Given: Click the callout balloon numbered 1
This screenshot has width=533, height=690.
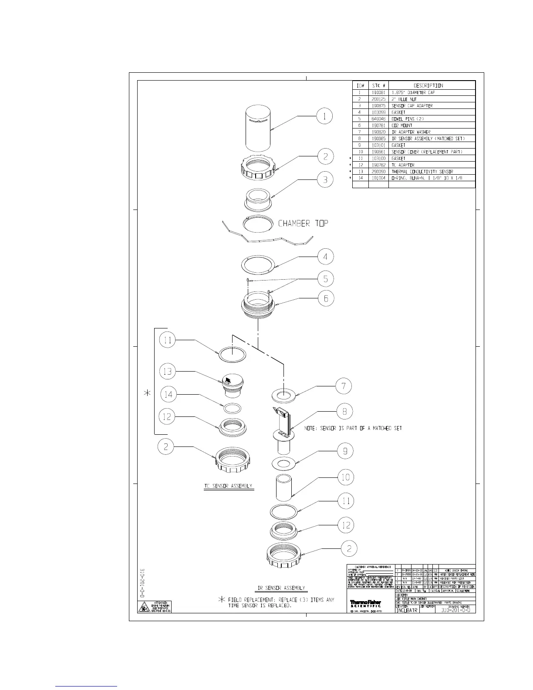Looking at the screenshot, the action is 324,116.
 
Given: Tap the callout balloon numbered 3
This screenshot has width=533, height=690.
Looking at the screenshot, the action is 325,179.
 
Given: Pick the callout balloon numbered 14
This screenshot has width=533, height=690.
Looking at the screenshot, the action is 169,395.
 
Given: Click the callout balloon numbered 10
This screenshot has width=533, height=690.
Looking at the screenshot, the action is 346,477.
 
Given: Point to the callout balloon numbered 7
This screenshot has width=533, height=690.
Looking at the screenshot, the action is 344,386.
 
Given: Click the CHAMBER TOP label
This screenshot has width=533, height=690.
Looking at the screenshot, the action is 303,223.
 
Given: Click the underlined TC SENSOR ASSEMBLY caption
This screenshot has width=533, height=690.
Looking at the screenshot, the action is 229,486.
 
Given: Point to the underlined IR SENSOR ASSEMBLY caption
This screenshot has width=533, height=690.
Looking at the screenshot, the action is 281,588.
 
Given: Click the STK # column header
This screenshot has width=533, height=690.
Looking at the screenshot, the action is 378,85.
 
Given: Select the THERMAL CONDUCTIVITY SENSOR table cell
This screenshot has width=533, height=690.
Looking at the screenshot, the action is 422,172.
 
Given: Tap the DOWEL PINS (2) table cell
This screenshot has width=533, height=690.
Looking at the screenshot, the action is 408,119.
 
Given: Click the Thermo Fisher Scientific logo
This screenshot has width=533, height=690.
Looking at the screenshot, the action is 365,603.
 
